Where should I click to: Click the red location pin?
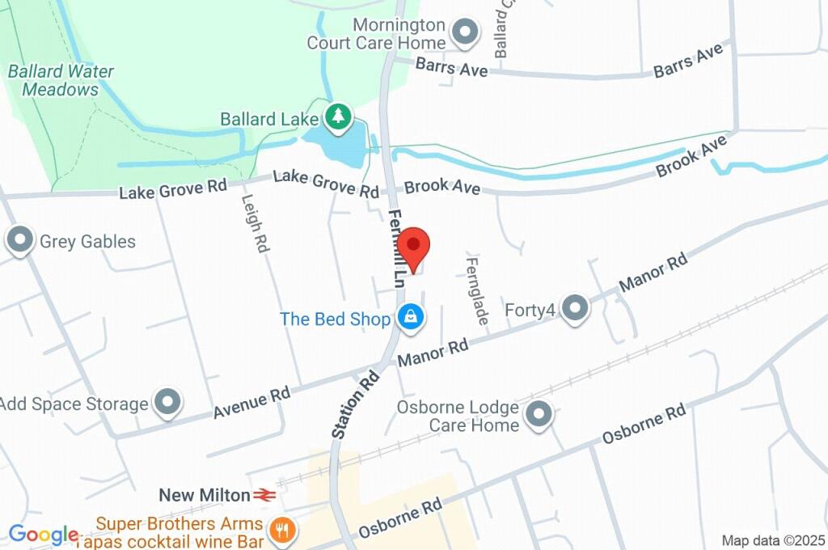415,246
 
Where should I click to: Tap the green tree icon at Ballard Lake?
338,117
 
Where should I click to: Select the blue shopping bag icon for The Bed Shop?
411,317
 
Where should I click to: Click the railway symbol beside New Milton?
264,494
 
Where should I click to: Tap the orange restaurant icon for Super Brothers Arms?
282,531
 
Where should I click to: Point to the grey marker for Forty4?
575,308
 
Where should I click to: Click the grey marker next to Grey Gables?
19,240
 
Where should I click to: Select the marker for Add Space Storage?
168,401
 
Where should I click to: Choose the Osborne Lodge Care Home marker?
538,416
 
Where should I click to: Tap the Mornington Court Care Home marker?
465,33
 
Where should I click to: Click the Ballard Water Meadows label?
61,80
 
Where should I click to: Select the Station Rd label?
355,404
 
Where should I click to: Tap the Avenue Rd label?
251,403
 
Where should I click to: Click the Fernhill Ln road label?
396,247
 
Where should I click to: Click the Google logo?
43,535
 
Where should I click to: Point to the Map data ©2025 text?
773,540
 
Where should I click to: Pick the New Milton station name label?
205,494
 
